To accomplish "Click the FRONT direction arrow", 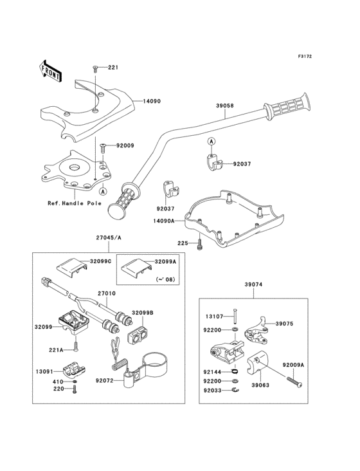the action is click(x=50, y=71).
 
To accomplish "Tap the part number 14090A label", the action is click(x=164, y=221).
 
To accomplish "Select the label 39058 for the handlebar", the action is click(x=225, y=106).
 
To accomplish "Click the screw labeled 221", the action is click(x=95, y=68).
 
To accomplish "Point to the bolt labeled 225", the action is click(x=199, y=243).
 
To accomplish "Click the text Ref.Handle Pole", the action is click(x=75, y=203).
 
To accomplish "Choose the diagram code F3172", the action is click(x=305, y=56).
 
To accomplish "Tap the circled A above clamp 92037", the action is click(x=212, y=141).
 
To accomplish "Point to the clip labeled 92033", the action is click(x=235, y=390).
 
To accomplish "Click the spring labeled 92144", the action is click(x=235, y=372).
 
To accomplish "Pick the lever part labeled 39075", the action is click(x=256, y=331).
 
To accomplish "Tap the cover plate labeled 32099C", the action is click(x=72, y=266).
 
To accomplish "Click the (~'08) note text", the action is click(x=166, y=280).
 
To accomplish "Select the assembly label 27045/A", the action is click(x=109, y=237).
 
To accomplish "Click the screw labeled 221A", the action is click(x=76, y=346).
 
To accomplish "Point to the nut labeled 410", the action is click(x=75, y=382).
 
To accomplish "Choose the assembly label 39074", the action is click(x=253, y=284).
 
